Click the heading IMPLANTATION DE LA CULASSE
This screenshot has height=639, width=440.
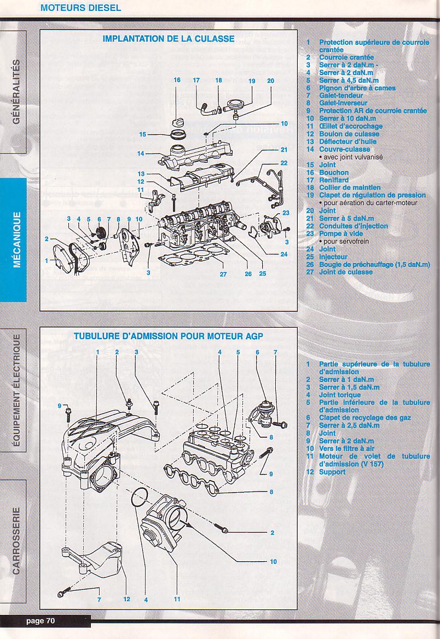tap(169, 39)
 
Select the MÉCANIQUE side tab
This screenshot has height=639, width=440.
tap(16, 239)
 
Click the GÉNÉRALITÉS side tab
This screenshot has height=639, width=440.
tap(16, 91)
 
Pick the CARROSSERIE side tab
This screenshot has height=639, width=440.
tap(16, 540)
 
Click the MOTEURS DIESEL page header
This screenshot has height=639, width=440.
tap(81, 8)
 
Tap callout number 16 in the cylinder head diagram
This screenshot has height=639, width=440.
tap(177, 80)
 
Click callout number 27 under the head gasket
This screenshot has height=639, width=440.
tap(223, 274)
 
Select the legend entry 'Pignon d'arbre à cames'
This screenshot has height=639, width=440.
tap(357, 88)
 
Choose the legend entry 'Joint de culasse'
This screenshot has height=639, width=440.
tap(346, 272)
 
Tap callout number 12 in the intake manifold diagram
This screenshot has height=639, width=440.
tap(126, 599)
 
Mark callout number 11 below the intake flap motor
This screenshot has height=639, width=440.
tap(177, 599)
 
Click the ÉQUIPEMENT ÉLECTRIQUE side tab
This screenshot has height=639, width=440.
tap(16, 390)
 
